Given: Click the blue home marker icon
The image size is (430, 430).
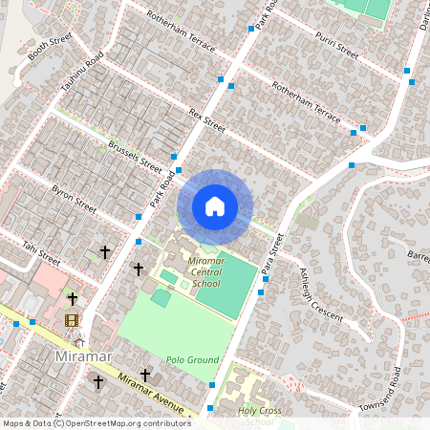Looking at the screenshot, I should click(x=215, y=206).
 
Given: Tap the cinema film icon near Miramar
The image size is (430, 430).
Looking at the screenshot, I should click(x=72, y=319).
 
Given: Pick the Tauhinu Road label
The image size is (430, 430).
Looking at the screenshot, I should click(x=81, y=72).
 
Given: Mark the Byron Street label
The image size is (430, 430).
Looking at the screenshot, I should click(x=74, y=198).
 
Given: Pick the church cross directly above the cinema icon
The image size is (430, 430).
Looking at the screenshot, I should click(x=72, y=299).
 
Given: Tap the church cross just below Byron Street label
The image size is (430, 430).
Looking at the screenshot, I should click(x=104, y=252).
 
